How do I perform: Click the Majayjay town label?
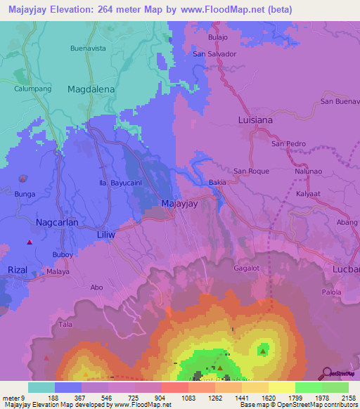click(180, 204)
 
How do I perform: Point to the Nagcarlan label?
click(57, 221)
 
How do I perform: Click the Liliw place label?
click(105, 233)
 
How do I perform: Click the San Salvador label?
click(214, 53)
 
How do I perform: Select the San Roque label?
click(252, 171)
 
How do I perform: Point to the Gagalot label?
click(247, 268)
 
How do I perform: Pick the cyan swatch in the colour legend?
click(41, 387)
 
